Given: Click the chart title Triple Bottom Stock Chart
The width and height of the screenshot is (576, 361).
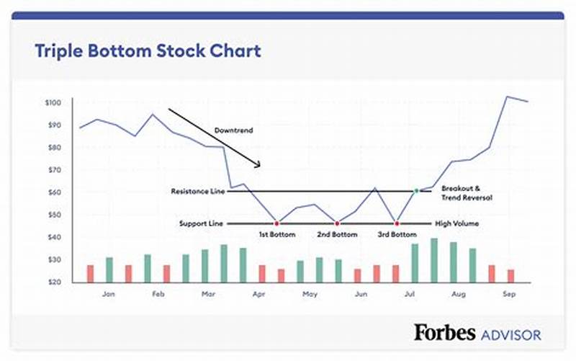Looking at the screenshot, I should click(x=148, y=51).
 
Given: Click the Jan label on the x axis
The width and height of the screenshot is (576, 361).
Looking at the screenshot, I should click(x=109, y=294).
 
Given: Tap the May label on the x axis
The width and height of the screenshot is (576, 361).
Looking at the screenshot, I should click(x=310, y=294).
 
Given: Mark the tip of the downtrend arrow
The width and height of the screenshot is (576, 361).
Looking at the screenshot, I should click(x=259, y=167).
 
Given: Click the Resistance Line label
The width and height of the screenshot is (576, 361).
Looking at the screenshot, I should click(x=198, y=192).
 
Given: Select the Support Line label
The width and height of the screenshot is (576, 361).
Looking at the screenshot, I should click(x=201, y=223).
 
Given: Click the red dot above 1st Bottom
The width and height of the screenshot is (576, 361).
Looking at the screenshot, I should click(x=276, y=223).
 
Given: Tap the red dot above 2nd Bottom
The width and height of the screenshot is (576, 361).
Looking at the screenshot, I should click(x=336, y=223).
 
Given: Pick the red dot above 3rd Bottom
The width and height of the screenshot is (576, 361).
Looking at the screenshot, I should click(x=396, y=223).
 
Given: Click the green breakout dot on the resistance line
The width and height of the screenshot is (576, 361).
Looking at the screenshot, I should click(x=415, y=191).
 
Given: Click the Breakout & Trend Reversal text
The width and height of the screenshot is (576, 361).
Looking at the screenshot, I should click(x=467, y=192).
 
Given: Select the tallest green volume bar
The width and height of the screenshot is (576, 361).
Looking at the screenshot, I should click(x=434, y=260).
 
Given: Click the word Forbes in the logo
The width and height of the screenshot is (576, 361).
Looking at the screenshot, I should click(x=444, y=332).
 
